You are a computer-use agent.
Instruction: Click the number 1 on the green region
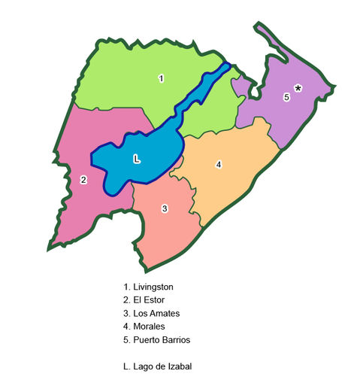click(x=161, y=78)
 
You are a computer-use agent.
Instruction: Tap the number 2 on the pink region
click(x=83, y=180)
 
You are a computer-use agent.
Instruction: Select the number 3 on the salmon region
click(x=164, y=208)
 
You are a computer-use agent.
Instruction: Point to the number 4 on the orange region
click(x=219, y=165)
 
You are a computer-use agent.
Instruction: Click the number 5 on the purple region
click(x=286, y=97)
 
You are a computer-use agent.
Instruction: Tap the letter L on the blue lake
click(x=136, y=159)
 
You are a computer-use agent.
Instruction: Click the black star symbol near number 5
click(x=298, y=89)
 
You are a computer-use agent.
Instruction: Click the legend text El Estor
click(x=148, y=300)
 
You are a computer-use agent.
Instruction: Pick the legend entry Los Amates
click(x=156, y=313)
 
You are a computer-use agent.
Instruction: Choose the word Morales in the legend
click(x=150, y=327)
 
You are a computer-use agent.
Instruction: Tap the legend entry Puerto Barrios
click(x=161, y=340)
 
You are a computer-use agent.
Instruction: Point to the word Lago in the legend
click(x=144, y=366)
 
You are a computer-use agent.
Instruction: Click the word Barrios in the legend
click(x=175, y=340)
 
